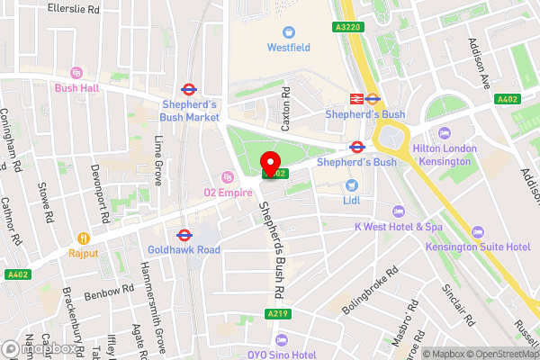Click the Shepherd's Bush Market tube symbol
tap(189, 89)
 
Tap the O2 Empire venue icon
tap(228, 175)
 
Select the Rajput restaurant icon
tap(84, 238)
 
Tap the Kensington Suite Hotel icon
tap(478, 230)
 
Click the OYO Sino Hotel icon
tap(283, 339)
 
